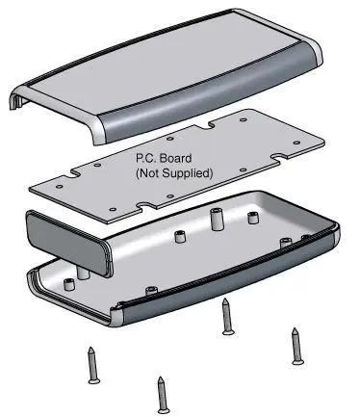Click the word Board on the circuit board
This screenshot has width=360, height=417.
174,159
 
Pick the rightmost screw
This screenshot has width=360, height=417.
296,345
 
